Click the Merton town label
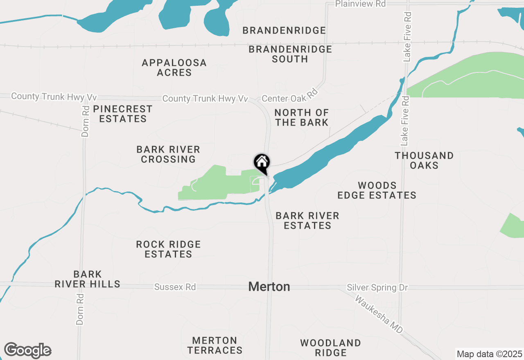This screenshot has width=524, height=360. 269,287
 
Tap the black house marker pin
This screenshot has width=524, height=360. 262,163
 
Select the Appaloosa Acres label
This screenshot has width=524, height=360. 174,67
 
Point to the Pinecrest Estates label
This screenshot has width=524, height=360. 123,114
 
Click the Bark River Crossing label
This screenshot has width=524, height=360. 168,154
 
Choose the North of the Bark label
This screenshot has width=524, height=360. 302,117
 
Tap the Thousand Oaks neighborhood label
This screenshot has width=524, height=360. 424,160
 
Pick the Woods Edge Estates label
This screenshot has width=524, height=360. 377,191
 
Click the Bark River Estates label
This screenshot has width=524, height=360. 307,220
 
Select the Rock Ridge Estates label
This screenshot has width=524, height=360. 168,249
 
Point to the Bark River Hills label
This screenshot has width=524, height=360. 87,279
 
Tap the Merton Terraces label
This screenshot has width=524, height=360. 215,345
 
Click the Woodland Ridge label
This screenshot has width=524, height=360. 330,348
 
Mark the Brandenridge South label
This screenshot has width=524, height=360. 290,54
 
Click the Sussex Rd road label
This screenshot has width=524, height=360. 175,287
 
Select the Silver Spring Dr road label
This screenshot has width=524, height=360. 377,288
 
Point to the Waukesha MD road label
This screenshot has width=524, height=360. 379,314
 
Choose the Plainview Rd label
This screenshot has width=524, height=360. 360,4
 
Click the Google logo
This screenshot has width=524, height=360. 27,351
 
